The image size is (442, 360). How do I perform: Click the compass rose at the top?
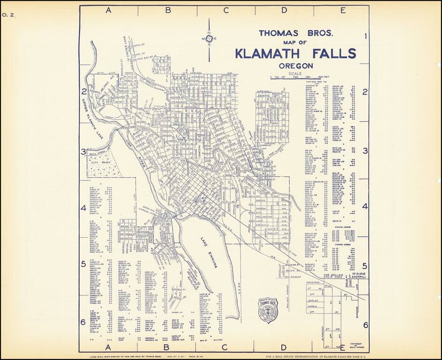tap(208, 39)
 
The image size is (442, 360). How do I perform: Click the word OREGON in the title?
tap(295, 66)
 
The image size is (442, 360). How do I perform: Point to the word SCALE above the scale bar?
tap(296, 74)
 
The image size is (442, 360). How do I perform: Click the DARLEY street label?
tap(314, 297)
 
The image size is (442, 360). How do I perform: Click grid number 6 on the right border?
tap(365, 324)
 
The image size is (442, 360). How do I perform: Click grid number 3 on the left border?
tap(83, 152)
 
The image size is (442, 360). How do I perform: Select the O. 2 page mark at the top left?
tap(8, 15)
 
